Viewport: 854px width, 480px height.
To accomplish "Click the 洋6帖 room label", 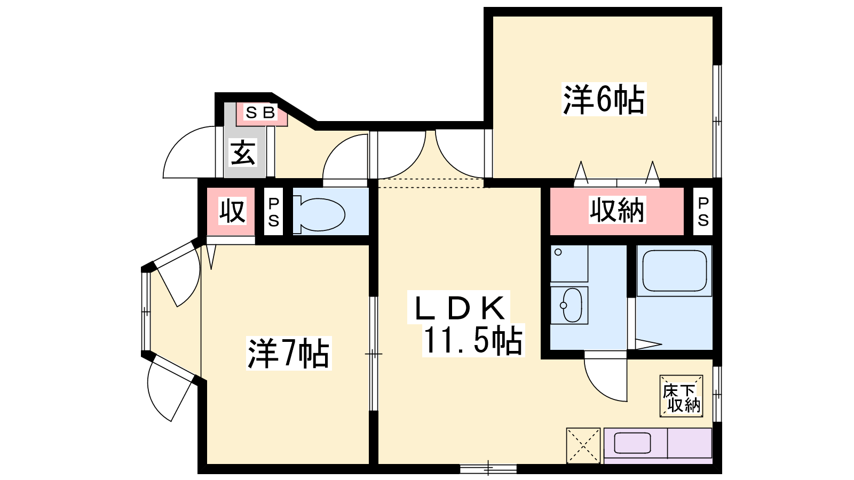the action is tap(604, 99).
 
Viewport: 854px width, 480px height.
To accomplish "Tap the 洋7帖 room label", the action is tap(289, 353).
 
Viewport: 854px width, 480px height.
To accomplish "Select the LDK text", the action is tap(458, 308).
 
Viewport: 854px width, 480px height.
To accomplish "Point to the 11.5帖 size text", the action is tap(473, 340).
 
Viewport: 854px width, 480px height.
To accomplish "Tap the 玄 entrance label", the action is tap(242, 153).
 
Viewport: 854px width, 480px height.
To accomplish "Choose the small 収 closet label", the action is tap(232, 211).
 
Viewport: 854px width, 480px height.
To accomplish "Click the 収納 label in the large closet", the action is tap(616, 210).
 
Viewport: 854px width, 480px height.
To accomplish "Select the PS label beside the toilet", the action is tap(273, 212).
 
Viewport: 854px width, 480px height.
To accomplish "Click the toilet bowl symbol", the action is tap(320, 214).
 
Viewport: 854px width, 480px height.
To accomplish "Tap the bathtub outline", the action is tap(674, 270).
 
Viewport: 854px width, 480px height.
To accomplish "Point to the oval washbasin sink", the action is tap(570, 305).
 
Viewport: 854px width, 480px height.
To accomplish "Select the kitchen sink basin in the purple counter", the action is tap(632, 443).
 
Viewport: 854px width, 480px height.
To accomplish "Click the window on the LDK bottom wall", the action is tap(488, 468).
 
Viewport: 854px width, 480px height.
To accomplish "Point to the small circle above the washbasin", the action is tap(558, 252).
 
